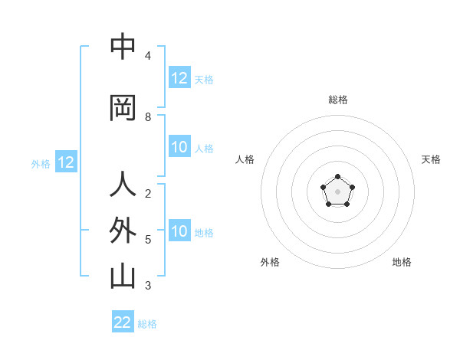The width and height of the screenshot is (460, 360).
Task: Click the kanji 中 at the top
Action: coord(123,47)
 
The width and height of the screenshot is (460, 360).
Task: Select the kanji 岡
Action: coord(123,109)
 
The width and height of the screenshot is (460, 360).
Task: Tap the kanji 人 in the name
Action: coord(123,185)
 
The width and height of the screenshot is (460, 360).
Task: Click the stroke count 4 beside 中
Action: coord(148,56)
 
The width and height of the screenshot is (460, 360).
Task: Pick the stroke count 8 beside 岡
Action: coord(148,117)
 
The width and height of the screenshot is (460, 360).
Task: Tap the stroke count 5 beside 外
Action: coord(148,240)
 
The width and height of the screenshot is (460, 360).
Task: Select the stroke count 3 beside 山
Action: coord(148,286)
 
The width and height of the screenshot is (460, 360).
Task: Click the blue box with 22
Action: coord(123,322)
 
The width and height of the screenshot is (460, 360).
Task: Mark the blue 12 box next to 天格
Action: coord(179,78)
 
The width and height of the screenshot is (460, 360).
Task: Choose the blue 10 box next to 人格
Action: coord(179,148)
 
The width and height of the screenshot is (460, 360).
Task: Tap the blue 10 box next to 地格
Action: coord(179,232)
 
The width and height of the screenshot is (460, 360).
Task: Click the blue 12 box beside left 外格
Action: coord(66,162)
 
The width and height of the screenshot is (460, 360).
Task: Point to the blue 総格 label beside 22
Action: coord(147,324)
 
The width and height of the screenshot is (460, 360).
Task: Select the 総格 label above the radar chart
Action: coord(338,100)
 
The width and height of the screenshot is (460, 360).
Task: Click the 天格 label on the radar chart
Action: coord(431,159)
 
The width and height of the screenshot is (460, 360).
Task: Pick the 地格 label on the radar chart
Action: coord(402,262)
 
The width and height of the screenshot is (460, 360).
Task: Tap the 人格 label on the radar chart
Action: coord(245,159)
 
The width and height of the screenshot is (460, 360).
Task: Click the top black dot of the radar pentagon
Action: coord(337,178)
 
